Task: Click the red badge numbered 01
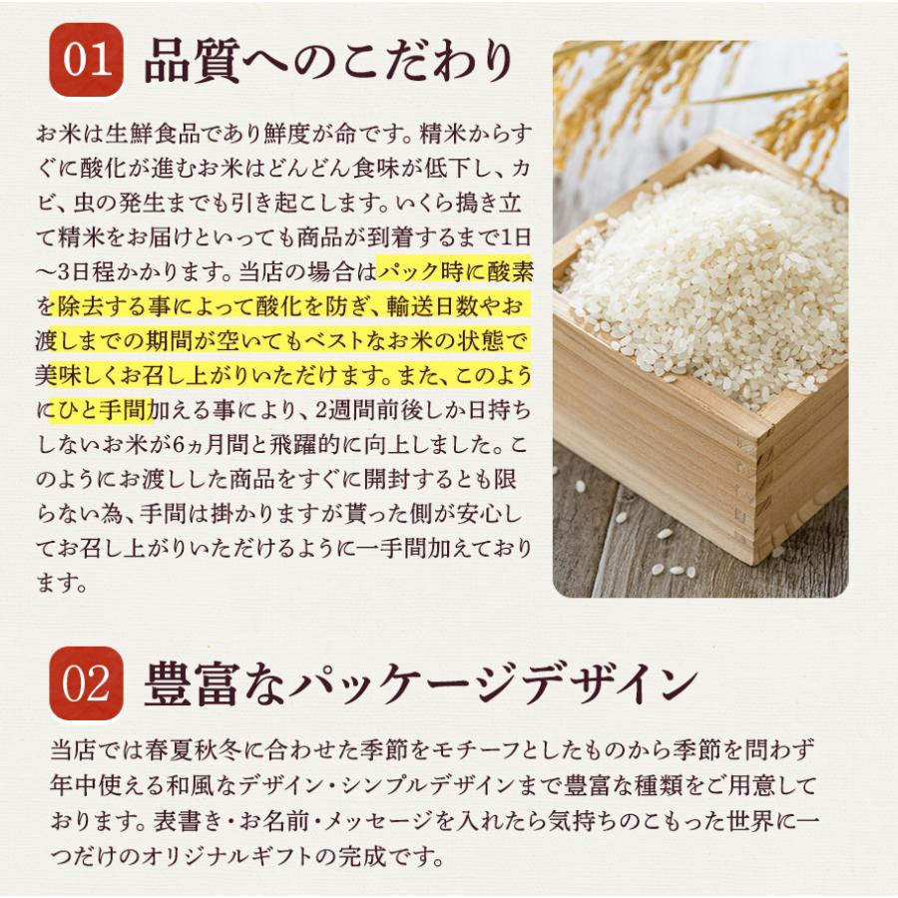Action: tap(87, 60)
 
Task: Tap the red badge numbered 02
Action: tap(87, 683)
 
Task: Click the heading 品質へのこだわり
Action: tap(328, 61)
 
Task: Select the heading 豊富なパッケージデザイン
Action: tap(421, 683)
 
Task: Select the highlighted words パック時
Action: tap(420, 272)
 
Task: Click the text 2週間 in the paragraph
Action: tap(342, 410)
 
